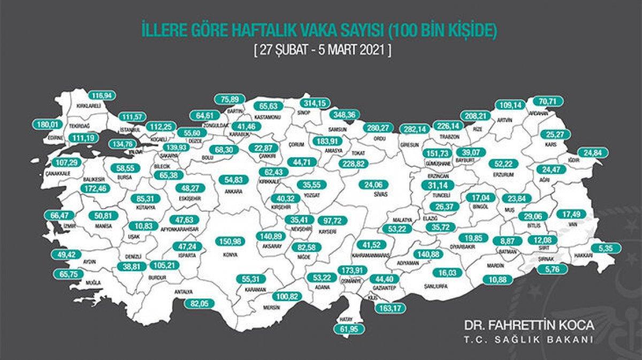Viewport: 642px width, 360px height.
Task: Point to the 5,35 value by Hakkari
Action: pyautogui.click(x=606, y=248)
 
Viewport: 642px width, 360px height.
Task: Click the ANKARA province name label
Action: pyautogui.click(x=234, y=191)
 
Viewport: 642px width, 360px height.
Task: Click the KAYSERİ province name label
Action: pyautogui.click(x=327, y=232)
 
